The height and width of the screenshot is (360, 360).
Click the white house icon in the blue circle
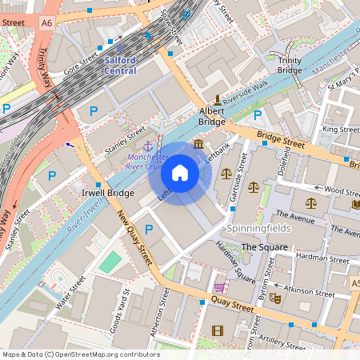[x=180, y=173]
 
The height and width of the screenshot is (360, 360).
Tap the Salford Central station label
[x=120, y=66]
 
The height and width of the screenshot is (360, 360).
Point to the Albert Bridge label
[x=212, y=116]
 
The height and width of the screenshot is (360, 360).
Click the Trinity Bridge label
[x=290, y=66]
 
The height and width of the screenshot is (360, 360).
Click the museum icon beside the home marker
[x=198, y=144]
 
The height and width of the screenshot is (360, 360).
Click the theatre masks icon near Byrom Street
[x=275, y=298]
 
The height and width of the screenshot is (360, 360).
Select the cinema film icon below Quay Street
[x=217, y=330]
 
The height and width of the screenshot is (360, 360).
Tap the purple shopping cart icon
[x=219, y=287]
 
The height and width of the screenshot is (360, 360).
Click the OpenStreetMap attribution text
[x=80, y=354]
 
